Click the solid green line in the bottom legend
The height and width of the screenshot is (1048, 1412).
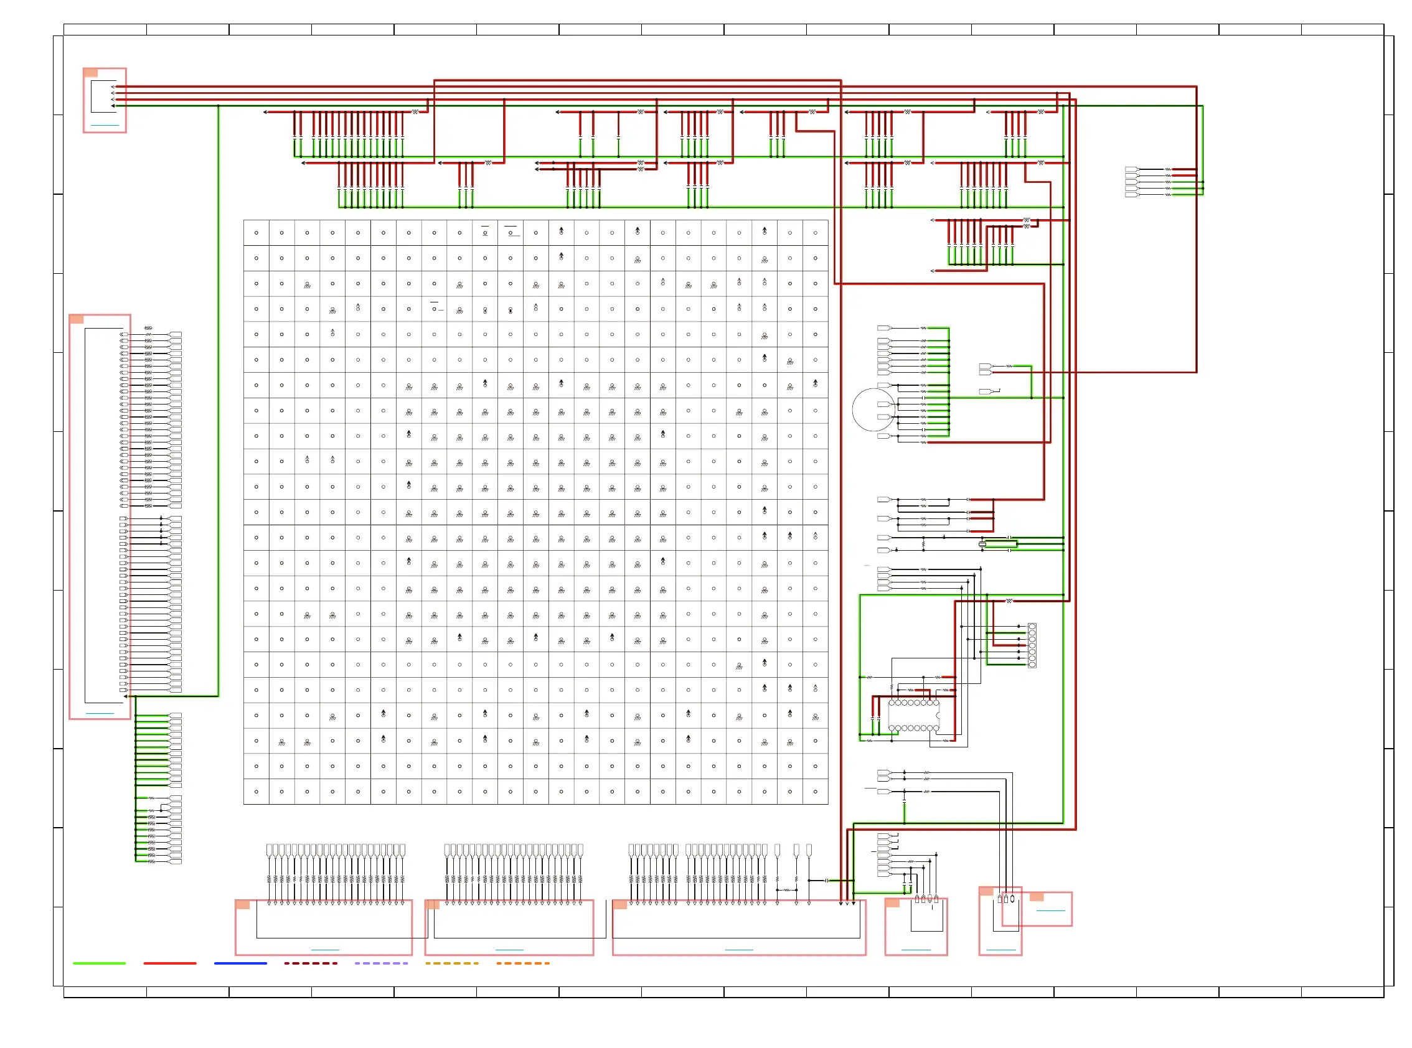click(99, 963)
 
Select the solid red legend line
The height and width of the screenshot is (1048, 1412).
click(169, 963)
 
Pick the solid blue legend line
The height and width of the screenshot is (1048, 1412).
click(240, 963)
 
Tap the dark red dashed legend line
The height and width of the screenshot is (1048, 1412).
click(310, 963)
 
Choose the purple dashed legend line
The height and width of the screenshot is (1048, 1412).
click(381, 963)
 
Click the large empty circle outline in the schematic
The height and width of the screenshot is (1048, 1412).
click(874, 410)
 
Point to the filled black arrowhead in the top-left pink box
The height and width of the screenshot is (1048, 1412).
click(113, 106)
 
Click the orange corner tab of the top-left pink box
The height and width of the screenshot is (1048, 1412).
click(91, 73)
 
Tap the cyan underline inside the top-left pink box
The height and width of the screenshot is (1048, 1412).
click(105, 126)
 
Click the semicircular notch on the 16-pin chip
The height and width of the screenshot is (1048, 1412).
click(938, 716)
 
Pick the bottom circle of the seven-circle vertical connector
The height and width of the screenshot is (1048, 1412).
click(1032, 665)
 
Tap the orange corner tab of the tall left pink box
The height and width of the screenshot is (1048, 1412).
click(76, 319)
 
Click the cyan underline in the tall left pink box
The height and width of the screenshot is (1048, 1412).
click(100, 714)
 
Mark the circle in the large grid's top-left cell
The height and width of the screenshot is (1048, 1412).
click(257, 233)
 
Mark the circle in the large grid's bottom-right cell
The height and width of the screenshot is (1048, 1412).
click(815, 792)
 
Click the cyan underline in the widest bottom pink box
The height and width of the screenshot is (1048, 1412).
click(738, 950)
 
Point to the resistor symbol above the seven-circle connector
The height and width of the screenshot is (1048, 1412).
click(1009, 601)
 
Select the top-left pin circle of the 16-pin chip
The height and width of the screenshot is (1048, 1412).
click(892, 703)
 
